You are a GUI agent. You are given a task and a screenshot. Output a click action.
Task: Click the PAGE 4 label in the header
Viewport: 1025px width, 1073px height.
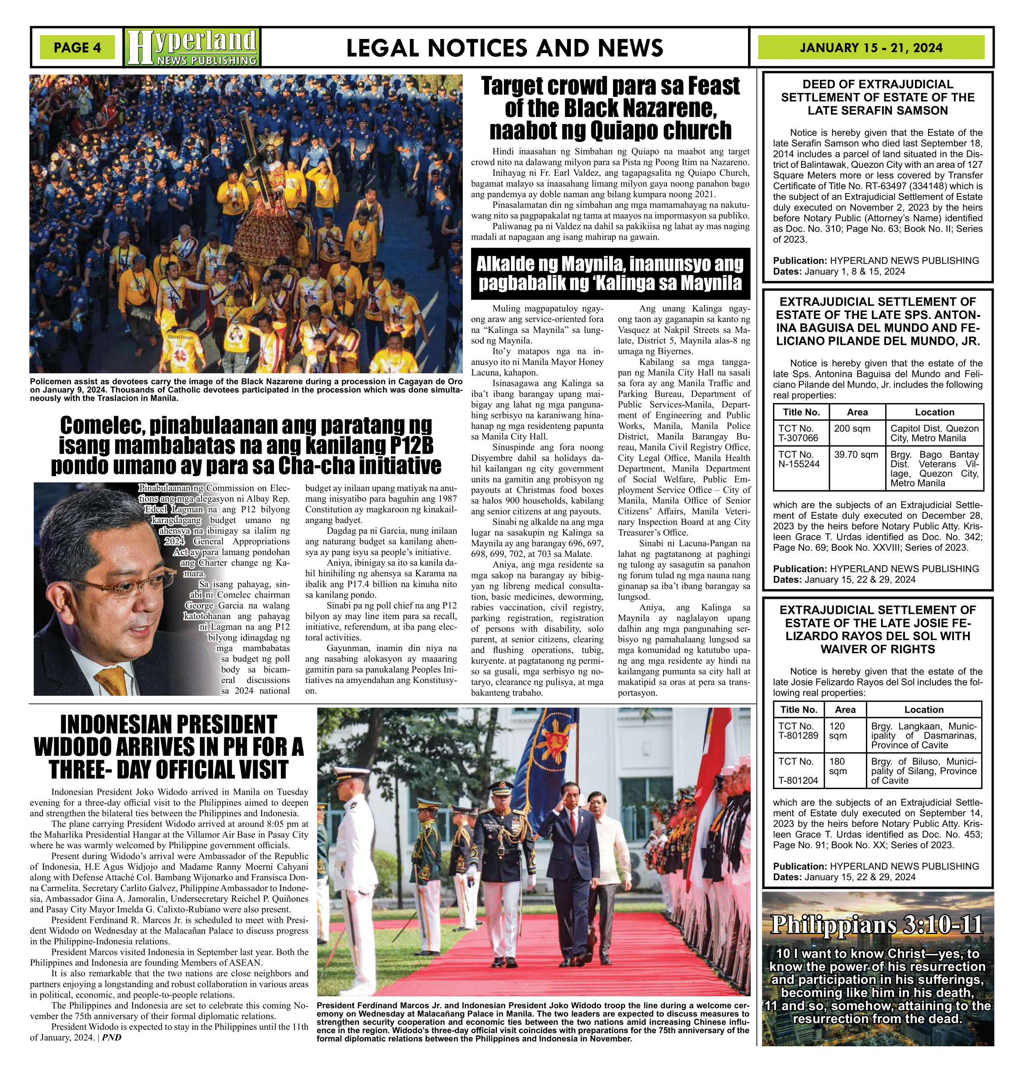77,47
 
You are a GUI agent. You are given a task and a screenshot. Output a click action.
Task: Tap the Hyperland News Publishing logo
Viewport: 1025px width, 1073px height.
192,47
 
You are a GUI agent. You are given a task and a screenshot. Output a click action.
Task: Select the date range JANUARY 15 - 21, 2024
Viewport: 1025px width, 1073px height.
871,47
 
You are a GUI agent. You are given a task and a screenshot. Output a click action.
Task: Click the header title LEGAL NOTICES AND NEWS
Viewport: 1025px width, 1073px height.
504,48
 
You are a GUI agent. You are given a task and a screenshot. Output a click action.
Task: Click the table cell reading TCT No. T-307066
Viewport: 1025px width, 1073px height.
800,433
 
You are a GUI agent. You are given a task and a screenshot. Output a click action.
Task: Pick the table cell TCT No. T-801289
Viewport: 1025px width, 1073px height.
798,730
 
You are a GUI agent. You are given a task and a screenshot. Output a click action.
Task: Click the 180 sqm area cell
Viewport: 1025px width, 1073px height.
837,766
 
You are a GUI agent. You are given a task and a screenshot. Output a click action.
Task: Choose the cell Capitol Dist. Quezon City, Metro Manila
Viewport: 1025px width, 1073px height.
934,433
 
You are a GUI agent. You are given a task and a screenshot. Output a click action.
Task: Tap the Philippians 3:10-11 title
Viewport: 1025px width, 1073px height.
877,924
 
